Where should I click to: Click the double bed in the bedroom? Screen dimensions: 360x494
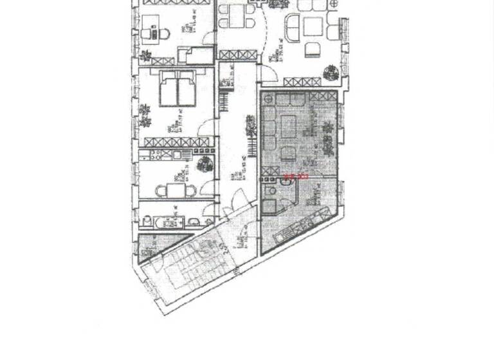tap(176, 88)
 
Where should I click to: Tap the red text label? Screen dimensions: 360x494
tap(297, 175)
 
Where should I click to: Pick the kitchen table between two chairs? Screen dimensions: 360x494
tap(175, 190)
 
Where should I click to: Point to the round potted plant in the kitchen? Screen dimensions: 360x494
tap(204, 163)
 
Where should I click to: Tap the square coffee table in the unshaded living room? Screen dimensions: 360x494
tap(313, 26)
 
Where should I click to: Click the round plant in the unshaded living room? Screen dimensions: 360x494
tap(332, 71)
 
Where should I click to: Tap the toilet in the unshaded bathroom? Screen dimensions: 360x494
tap(193, 222)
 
